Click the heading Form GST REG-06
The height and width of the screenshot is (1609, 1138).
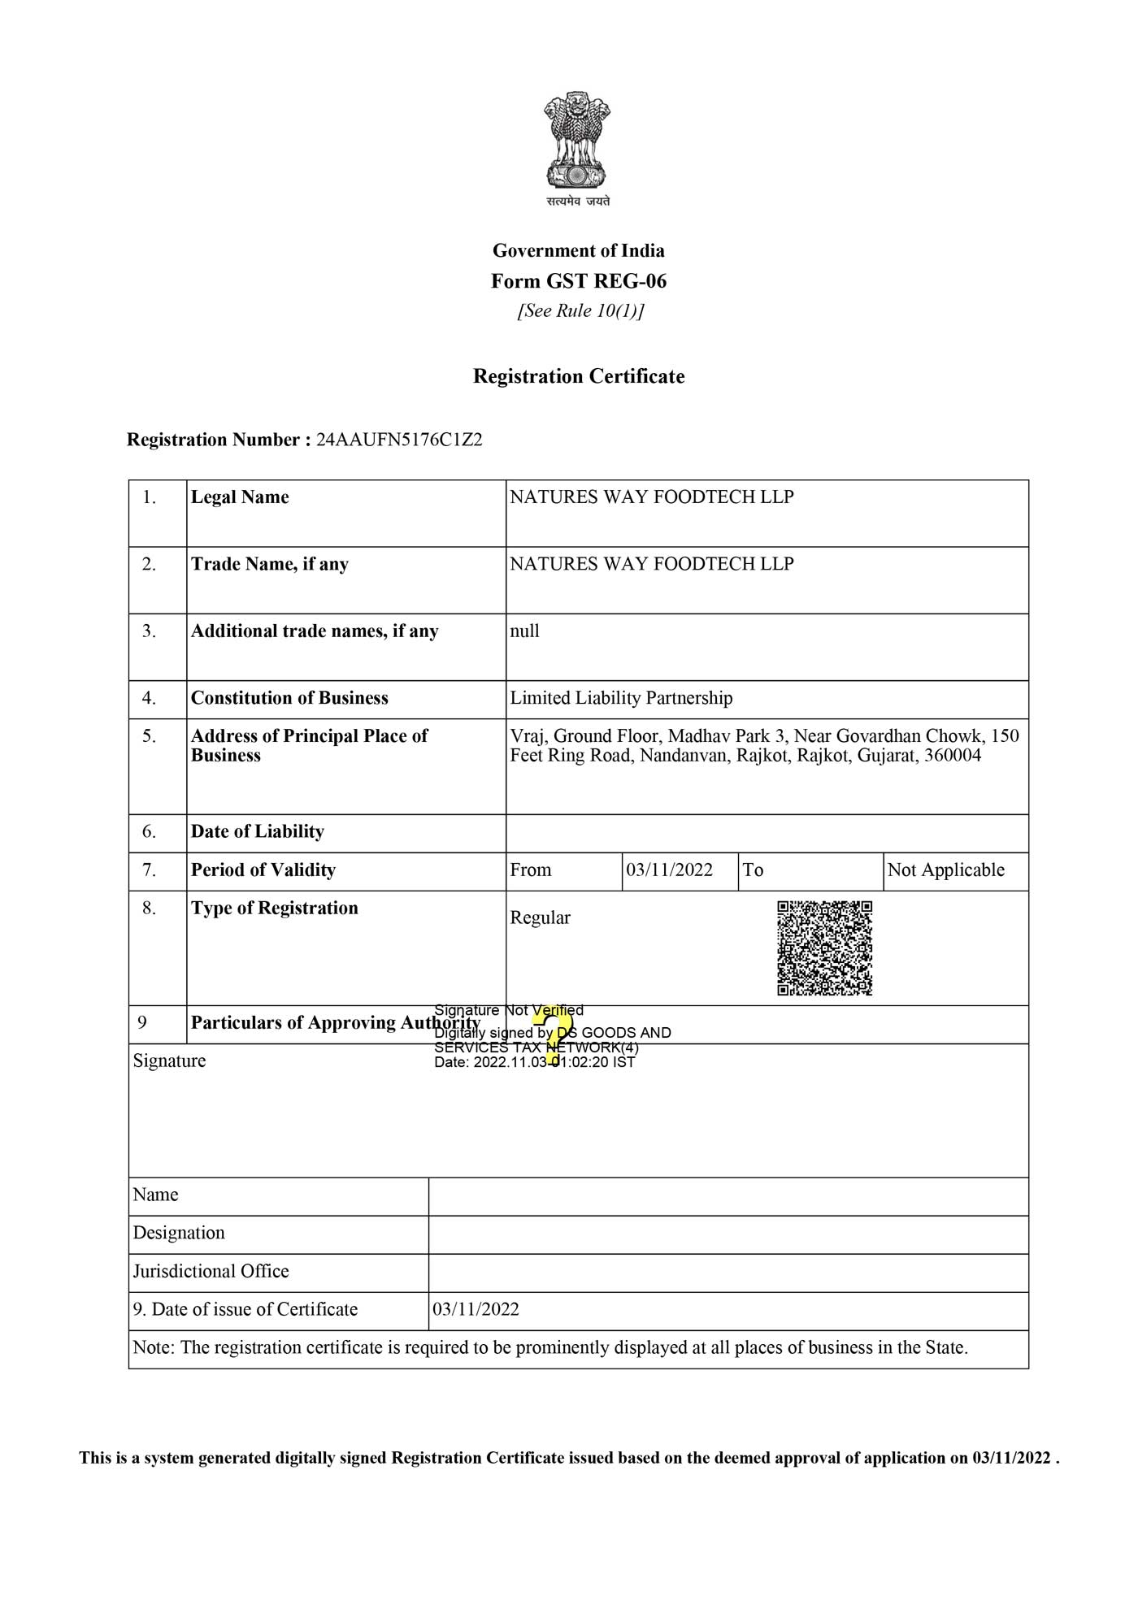click(578, 281)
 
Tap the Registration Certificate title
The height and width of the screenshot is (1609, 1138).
click(578, 376)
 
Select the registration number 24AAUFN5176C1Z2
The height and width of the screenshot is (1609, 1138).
click(399, 440)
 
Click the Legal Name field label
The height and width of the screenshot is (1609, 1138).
click(240, 497)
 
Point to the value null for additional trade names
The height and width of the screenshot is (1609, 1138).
click(524, 631)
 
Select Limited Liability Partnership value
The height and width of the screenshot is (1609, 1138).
click(621, 698)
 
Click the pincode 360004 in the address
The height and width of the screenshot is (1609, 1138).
click(952, 756)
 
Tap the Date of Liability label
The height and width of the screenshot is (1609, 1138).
click(257, 831)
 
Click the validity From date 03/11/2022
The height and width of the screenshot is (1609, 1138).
click(669, 870)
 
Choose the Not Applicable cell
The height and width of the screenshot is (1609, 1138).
click(945, 870)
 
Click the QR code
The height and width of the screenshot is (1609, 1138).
click(824, 948)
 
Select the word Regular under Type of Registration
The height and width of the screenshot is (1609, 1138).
click(540, 917)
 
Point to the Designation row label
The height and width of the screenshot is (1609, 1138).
click(179, 1233)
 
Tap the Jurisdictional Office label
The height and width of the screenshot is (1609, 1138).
click(211, 1271)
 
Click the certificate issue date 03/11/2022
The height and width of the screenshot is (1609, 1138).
click(476, 1309)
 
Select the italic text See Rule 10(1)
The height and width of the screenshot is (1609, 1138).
click(580, 311)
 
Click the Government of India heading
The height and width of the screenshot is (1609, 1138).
click(578, 250)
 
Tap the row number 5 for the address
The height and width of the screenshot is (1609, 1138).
click(149, 736)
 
